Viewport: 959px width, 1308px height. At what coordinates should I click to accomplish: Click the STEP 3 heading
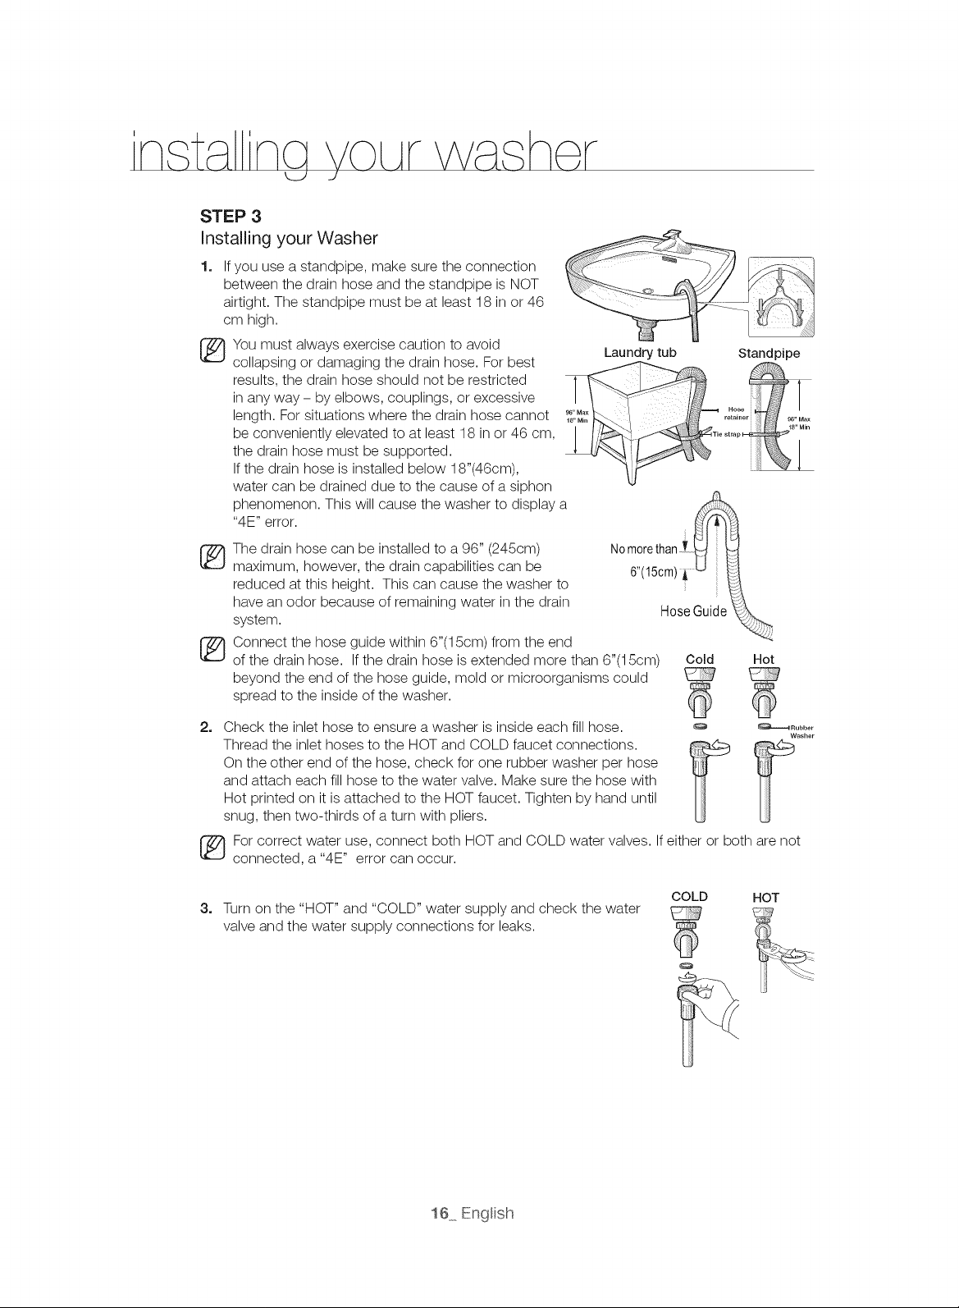[x=231, y=217]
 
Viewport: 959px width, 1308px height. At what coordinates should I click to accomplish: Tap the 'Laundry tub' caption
[x=640, y=353]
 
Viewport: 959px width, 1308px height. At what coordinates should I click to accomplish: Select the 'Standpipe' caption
[x=769, y=354]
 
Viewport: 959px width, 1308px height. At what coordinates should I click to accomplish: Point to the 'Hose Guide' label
[x=693, y=611]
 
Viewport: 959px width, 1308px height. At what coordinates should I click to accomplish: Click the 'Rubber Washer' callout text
[x=801, y=732]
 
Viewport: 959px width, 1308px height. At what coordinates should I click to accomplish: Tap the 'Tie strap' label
[x=726, y=434]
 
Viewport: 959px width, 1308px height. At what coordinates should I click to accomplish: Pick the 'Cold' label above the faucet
[x=699, y=659]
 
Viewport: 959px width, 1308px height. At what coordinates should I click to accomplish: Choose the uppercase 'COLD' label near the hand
[x=689, y=896]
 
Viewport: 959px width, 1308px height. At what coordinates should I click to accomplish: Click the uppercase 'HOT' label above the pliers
[x=765, y=898]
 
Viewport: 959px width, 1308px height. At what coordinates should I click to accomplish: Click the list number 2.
[x=205, y=727]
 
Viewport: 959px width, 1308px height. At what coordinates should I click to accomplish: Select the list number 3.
[x=205, y=908]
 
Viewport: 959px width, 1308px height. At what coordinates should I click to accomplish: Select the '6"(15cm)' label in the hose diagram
[x=653, y=572]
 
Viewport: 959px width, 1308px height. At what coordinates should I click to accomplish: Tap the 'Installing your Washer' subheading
[x=289, y=238]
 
